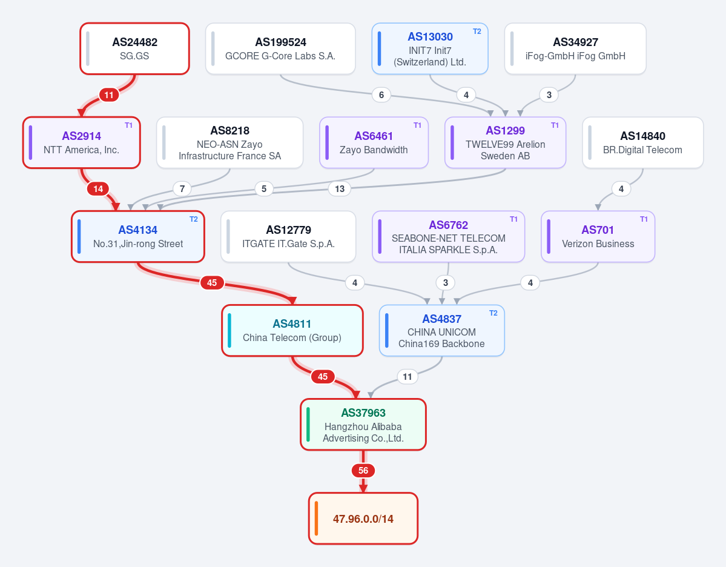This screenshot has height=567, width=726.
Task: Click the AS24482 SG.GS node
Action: tap(135, 48)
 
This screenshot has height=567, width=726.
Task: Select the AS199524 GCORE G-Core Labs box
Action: tap(280, 48)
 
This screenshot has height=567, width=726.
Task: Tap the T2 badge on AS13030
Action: tap(477, 31)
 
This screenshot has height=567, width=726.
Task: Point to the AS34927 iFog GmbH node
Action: tap(575, 48)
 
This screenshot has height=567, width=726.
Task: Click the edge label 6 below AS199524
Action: tap(381, 95)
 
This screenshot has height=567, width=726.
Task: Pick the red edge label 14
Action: tap(98, 189)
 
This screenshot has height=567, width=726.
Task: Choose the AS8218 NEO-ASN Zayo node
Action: tap(229, 143)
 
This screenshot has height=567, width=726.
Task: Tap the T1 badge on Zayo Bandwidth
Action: tap(417, 125)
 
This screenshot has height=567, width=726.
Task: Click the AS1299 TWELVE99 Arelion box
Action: tap(505, 143)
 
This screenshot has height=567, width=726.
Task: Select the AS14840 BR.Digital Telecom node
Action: tap(642, 143)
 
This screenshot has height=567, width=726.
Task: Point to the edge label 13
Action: tap(340, 189)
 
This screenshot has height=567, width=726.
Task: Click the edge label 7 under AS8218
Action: tap(182, 189)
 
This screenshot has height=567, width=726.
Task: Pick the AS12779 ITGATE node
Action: tap(288, 237)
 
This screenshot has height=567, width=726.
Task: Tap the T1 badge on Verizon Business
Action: tap(644, 219)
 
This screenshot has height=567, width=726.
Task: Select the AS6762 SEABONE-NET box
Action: tap(448, 237)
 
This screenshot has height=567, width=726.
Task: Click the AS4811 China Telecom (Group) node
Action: tap(292, 331)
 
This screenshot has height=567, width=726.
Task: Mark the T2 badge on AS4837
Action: tap(493, 313)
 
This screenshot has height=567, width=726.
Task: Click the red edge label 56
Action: tap(363, 471)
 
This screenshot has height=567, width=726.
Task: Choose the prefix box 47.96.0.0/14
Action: tap(363, 519)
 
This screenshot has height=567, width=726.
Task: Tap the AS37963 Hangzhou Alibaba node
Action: tap(363, 424)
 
